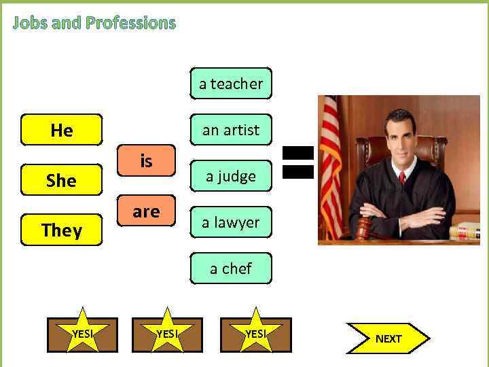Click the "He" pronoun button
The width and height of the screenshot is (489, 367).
point(61,130)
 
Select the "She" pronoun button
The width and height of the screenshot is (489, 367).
point(61,180)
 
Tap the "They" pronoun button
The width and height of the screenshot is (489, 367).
point(61,230)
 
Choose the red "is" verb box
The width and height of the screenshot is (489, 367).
point(146,162)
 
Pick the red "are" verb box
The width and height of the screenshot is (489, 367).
point(146,211)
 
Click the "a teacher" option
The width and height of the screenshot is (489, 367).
point(231,84)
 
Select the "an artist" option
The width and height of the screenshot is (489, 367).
point(231,130)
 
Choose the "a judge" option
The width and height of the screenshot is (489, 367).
point(231,176)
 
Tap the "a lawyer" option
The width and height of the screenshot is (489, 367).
point(231,222)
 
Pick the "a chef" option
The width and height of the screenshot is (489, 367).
point(231,268)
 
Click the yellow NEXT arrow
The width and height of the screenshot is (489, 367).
point(388,338)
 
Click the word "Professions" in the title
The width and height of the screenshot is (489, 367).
point(130,23)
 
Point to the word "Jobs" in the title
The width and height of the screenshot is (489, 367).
point(30,23)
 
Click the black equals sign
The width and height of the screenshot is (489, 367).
point(297,162)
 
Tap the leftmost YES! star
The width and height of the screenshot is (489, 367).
point(82,333)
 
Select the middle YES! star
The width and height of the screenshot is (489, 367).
point(167,333)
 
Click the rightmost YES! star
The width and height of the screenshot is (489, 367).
point(255,333)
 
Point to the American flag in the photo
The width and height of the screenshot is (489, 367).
point(331,163)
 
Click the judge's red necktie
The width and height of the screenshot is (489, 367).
point(402,178)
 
